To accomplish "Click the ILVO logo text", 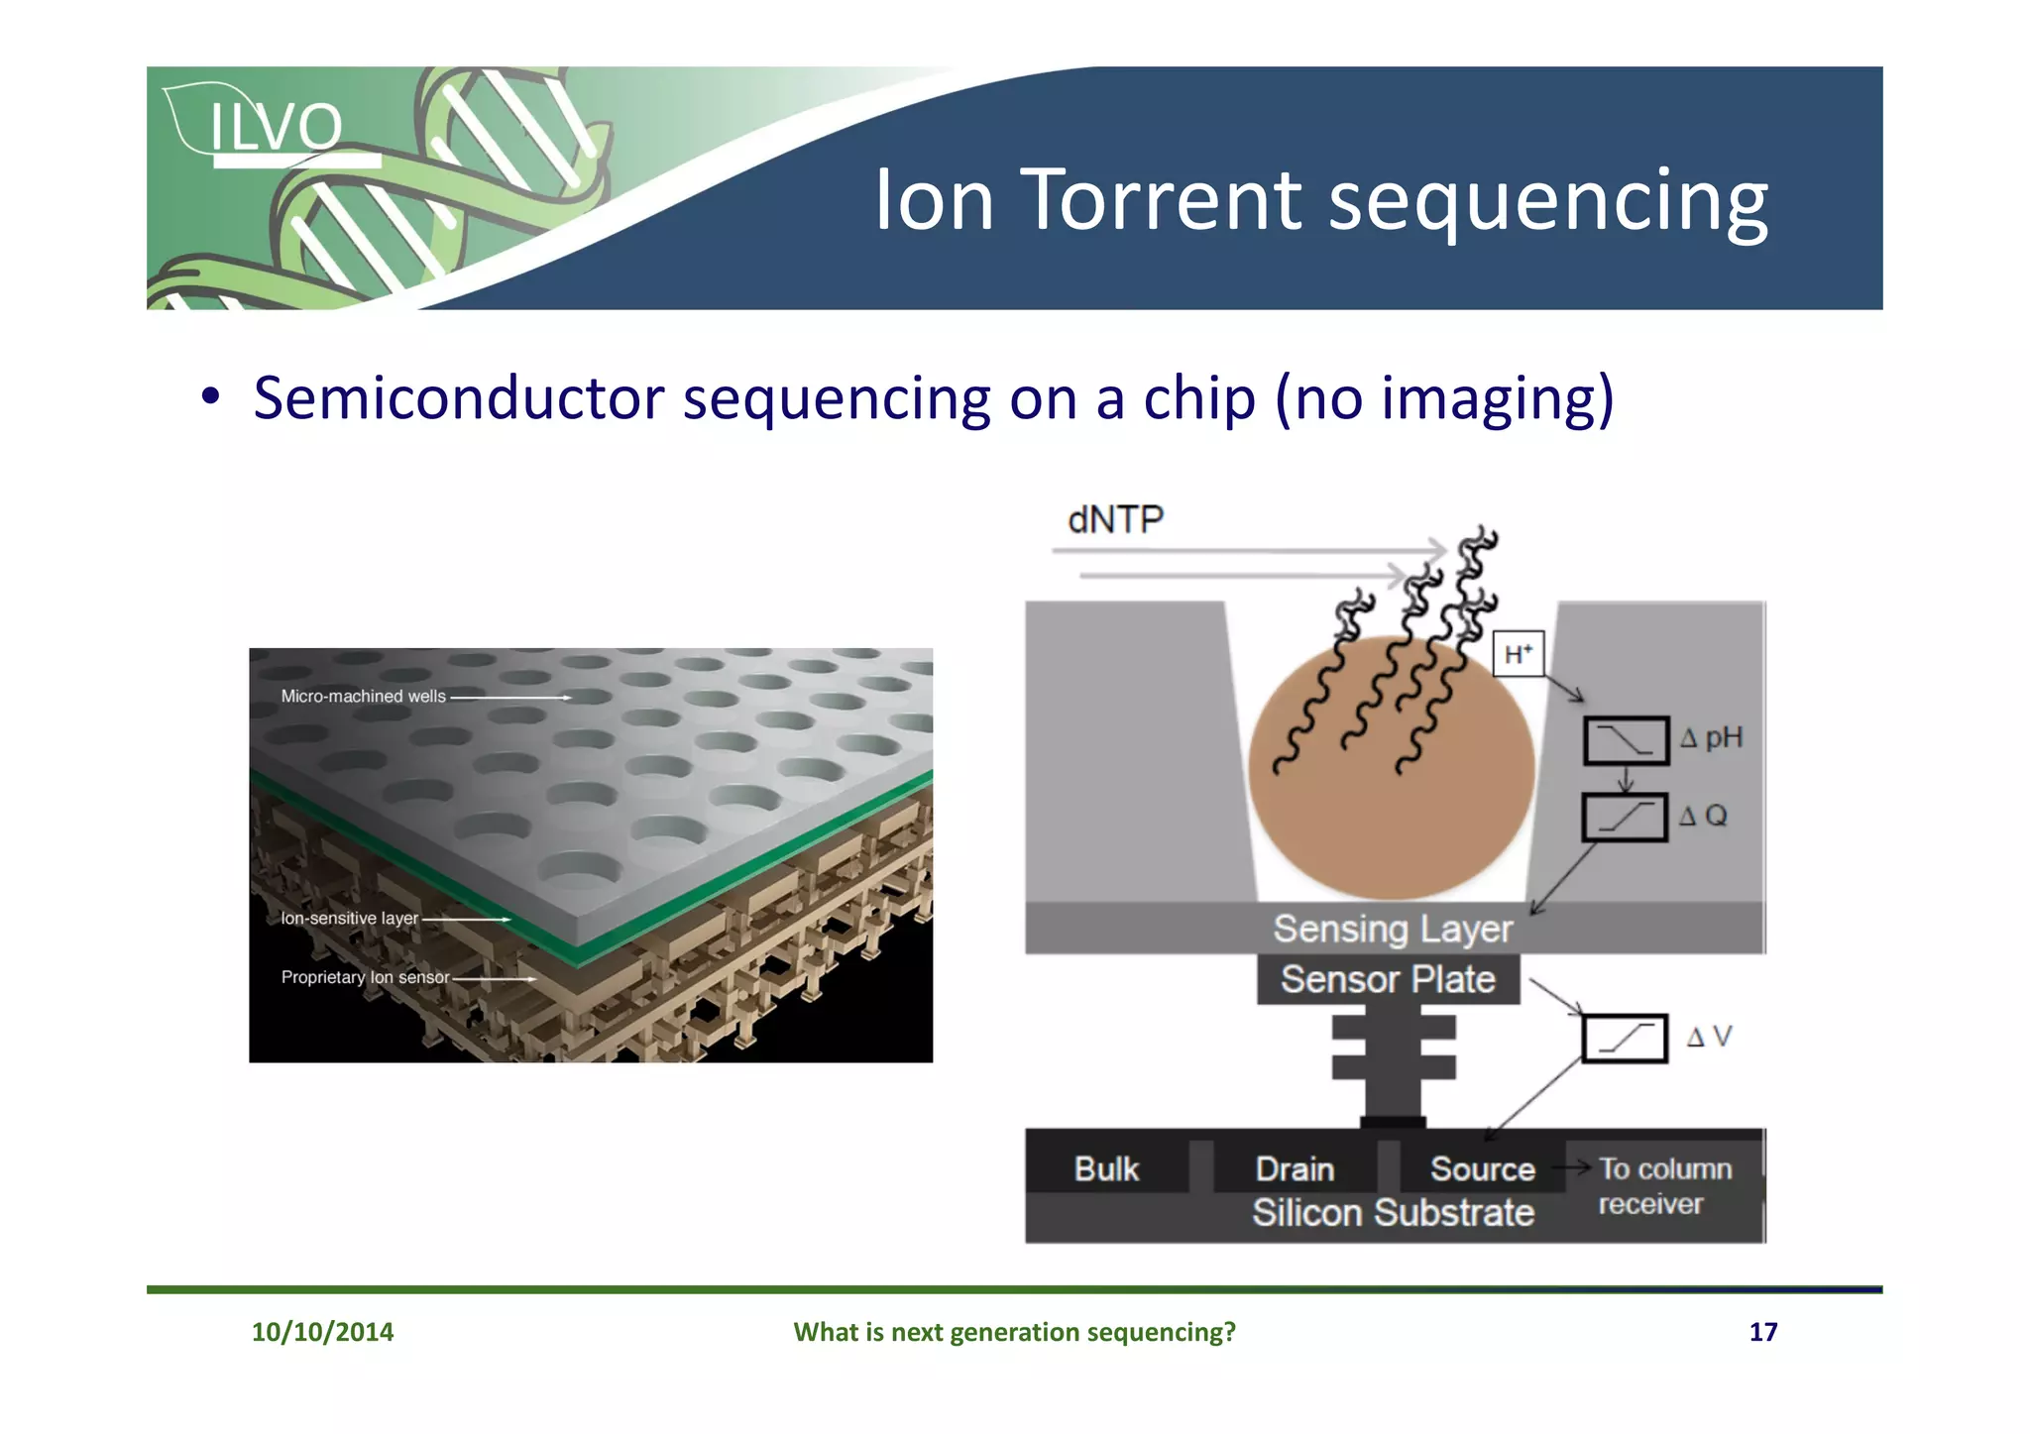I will click(275, 127).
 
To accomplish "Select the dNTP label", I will click(1115, 519).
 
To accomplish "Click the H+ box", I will click(1518, 654).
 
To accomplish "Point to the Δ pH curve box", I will click(1626, 740).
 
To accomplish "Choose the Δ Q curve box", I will click(1624, 818).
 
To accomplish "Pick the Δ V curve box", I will click(1624, 1038).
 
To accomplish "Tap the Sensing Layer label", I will click(1393, 929).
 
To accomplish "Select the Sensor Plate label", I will click(1388, 979).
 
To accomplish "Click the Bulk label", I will click(1106, 1169).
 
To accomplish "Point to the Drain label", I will click(1295, 1169).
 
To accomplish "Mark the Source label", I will click(1482, 1169).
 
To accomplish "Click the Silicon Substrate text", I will click(1393, 1213).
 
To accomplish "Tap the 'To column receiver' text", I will click(1664, 1186).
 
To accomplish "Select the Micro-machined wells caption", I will click(363, 697).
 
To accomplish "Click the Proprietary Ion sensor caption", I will click(365, 977).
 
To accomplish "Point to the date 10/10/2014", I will click(322, 1332).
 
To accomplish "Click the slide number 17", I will click(1762, 1332).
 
